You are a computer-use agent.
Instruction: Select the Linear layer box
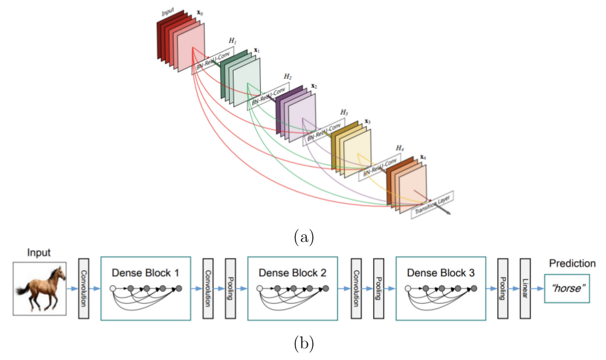[x=523, y=288]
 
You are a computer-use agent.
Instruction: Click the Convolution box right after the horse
[x=83, y=288]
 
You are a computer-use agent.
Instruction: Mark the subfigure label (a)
[x=303, y=237]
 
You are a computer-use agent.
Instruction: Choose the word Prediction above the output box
[x=571, y=264]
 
